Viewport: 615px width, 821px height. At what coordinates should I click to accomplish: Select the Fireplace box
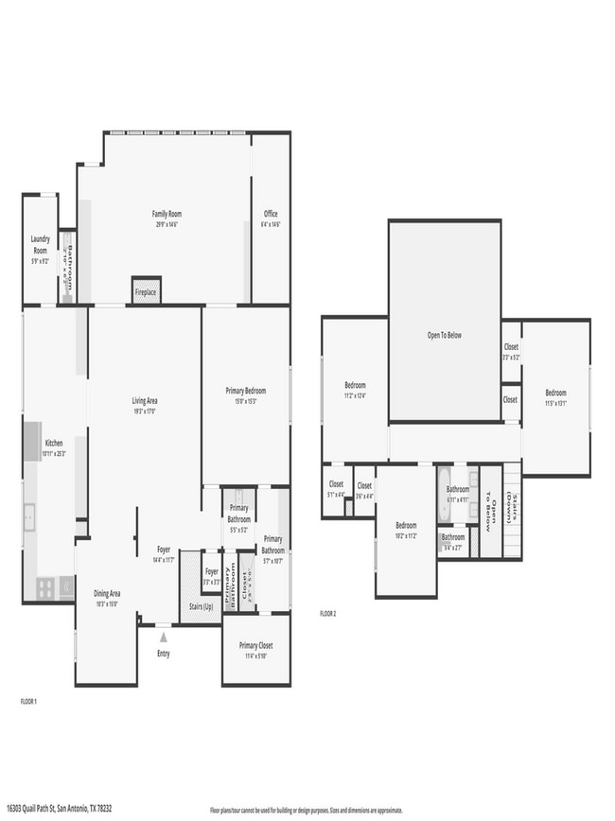pos(146,292)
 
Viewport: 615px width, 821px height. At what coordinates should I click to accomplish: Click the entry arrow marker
pos(163,638)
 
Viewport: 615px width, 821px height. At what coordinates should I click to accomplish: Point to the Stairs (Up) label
pos(201,606)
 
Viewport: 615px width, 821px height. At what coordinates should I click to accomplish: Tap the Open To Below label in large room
pos(444,335)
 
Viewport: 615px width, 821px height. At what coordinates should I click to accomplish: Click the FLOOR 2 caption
pos(327,614)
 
